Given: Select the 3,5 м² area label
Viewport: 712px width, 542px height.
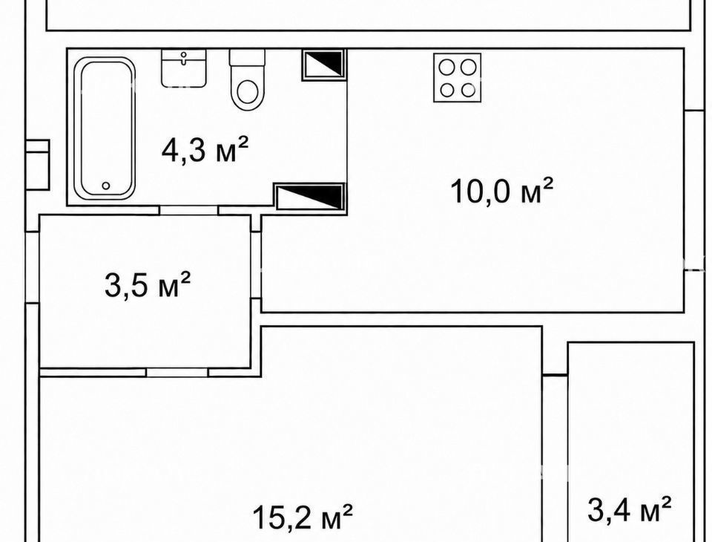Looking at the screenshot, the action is (x=148, y=284).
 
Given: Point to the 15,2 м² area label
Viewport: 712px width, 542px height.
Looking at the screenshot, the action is (x=303, y=515).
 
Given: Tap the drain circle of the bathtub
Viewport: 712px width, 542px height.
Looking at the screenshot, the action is (x=106, y=186).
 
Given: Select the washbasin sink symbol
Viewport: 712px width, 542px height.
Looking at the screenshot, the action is (x=184, y=68).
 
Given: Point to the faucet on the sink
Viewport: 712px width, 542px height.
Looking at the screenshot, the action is (x=183, y=58).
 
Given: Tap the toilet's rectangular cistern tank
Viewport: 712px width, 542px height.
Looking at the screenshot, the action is (x=247, y=58).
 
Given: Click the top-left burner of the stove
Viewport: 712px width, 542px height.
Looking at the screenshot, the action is (x=447, y=68).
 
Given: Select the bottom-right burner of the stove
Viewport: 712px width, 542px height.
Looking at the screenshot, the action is (x=468, y=90).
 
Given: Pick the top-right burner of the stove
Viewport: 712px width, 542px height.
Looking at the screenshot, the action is (x=468, y=68).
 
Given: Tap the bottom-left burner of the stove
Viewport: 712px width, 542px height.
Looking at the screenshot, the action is (x=447, y=90).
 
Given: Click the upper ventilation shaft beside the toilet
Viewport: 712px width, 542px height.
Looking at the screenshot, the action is (x=324, y=65).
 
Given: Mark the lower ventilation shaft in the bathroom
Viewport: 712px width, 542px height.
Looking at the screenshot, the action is (x=310, y=197).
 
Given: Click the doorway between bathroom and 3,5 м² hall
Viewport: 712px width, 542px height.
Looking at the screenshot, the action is (x=189, y=210).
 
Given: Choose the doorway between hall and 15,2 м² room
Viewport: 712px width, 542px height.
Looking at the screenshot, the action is (x=177, y=373).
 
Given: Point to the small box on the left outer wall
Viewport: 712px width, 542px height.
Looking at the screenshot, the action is (x=37, y=165).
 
